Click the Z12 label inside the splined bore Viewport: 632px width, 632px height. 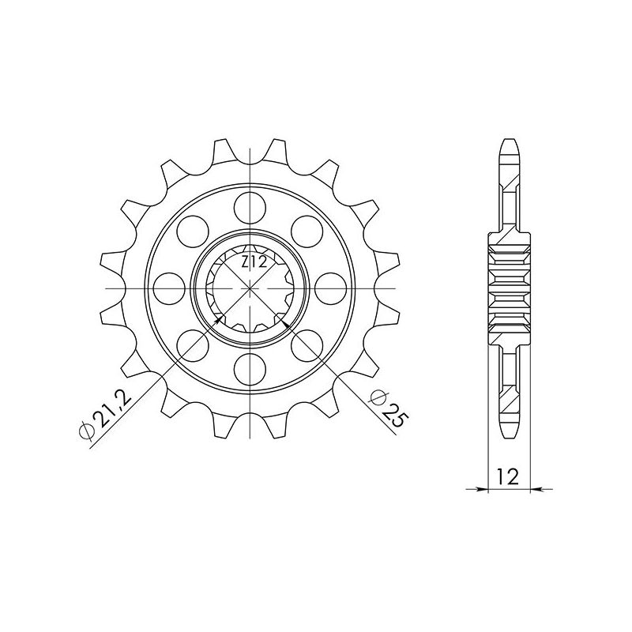pos(252,261)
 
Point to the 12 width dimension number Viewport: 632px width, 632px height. pos(507,476)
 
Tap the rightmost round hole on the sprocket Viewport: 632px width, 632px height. pos(330,287)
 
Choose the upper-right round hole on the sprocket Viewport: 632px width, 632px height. pos(307,231)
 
